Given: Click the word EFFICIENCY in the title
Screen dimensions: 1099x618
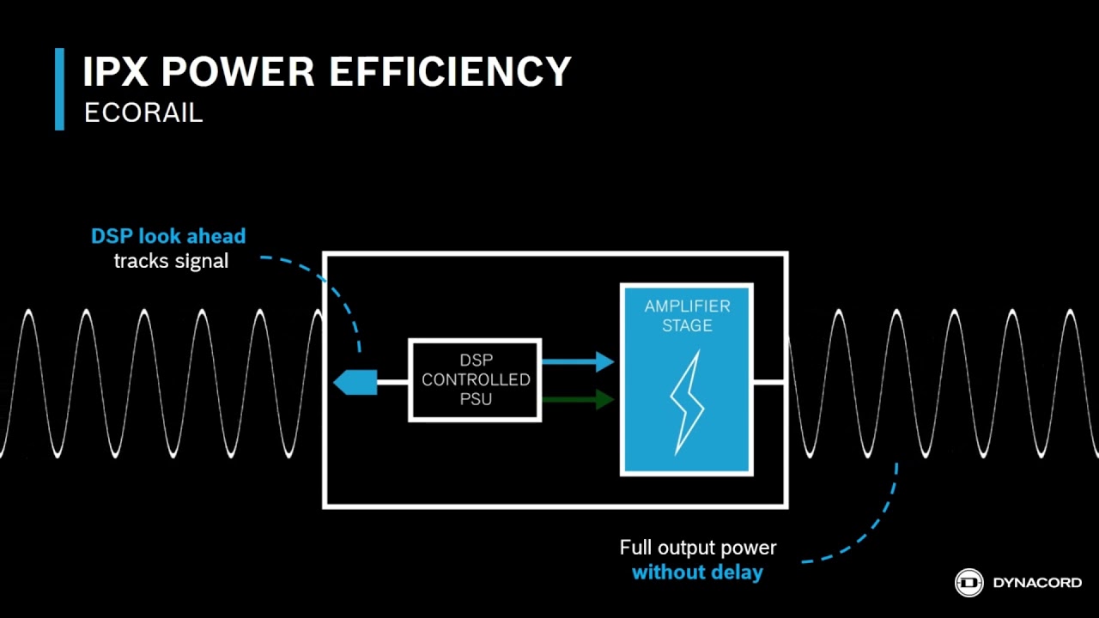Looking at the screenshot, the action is tap(450, 71).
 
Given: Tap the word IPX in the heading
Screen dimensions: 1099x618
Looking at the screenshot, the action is tap(115, 71).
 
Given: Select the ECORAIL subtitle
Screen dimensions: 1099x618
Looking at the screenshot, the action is tap(143, 112).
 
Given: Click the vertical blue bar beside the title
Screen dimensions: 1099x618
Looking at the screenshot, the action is tap(59, 89).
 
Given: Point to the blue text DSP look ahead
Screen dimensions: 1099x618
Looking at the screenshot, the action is tap(168, 236).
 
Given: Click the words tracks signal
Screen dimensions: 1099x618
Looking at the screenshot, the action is tap(171, 261).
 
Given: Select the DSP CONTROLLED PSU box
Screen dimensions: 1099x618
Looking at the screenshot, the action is tap(475, 379).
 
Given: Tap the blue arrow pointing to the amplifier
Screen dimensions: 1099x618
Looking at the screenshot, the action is tap(578, 361).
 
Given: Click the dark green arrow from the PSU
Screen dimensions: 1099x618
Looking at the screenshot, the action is tap(578, 399).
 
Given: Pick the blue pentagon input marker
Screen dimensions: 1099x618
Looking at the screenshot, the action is tap(355, 382).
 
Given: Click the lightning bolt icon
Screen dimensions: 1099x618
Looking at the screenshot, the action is tap(687, 403).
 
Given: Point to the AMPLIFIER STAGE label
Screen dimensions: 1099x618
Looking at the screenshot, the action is tap(687, 316).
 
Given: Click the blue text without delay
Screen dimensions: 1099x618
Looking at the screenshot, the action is tap(697, 573).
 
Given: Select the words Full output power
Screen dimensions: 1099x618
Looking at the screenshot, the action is tap(698, 548).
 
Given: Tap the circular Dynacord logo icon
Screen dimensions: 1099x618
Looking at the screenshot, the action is tap(969, 583).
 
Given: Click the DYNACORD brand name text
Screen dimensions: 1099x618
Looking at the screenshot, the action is tap(1037, 583).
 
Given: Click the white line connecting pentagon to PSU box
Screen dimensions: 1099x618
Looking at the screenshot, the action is tap(393, 382).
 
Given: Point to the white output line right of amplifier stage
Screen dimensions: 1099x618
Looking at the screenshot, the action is tap(768, 382).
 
